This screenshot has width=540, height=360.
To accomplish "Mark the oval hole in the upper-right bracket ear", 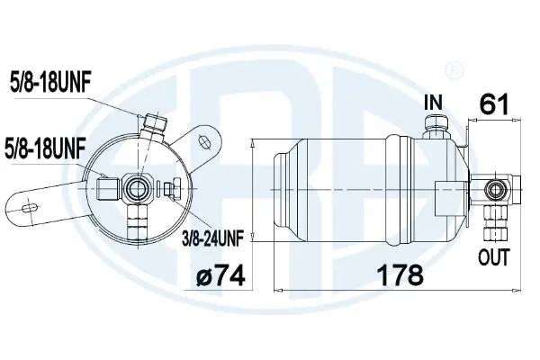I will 203,140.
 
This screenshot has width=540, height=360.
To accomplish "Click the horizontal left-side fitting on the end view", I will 109,187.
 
